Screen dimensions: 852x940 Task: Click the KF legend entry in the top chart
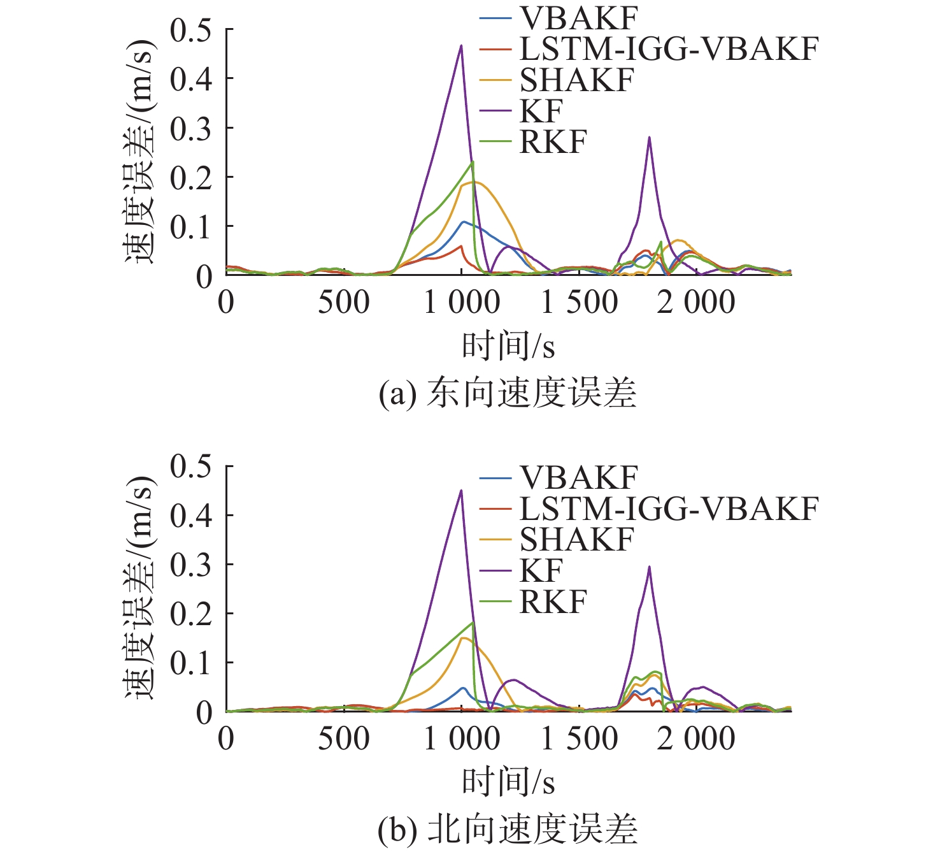pyautogui.click(x=541, y=112)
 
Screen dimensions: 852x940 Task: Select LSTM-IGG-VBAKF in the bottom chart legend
pyautogui.click(x=668, y=509)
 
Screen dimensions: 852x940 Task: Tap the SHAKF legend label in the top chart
pyautogui.click(x=577, y=80)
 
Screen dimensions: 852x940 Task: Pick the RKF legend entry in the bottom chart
pyautogui.click(x=553, y=602)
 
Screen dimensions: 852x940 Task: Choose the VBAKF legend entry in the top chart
pyautogui.click(x=578, y=18)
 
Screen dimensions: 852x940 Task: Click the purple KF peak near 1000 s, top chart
pyautogui.click(x=461, y=45)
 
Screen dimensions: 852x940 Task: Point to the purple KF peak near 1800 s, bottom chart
pyautogui.click(x=649, y=567)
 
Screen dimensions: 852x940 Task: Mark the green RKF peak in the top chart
pyautogui.click(x=473, y=162)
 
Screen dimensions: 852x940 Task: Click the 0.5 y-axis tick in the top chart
pyautogui.click(x=191, y=30)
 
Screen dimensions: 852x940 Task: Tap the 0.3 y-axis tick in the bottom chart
pyautogui.click(x=191, y=565)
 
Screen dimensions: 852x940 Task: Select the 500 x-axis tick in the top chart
pyautogui.click(x=344, y=303)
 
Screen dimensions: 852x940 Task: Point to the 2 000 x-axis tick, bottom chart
pyautogui.click(x=696, y=739)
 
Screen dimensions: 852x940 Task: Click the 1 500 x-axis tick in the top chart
pyautogui.click(x=579, y=303)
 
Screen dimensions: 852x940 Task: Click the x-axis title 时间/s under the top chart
pyautogui.click(x=508, y=347)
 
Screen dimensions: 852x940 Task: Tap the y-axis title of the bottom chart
pyautogui.click(x=139, y=586)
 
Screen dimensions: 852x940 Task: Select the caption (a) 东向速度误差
pyautogui.click(x=508, y=393)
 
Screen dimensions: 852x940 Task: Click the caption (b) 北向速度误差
pyautogui.click(x=508, y=829)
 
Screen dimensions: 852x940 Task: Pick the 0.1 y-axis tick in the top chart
pyautogui.click(x=191, y=227)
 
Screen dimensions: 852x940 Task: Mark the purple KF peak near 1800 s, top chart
pyautogui.click(x=649, y=137)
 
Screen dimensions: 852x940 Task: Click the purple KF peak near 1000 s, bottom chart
pyautogui.click(x=461, y=490)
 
